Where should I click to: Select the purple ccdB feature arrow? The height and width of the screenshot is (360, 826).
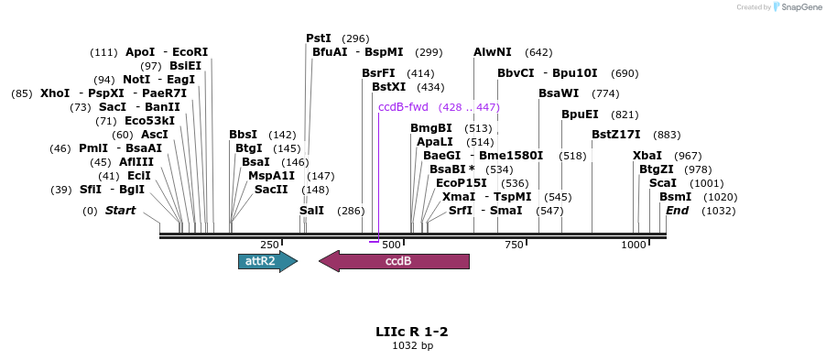pyautogui.click(x=394, y=261)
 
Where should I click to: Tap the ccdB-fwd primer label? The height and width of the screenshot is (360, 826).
pyautogui.click(x=403, y=107)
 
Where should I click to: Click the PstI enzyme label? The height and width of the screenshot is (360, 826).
pyautogui.click(x=319, y=38)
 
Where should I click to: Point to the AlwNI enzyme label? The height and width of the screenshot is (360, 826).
pyautogui.click(x=493, y=52)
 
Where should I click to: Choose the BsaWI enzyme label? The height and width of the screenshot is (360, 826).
pyautogui.click(x=559, y=93)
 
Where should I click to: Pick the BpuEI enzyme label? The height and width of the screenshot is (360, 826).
pyautogui.click(x=580, y=115)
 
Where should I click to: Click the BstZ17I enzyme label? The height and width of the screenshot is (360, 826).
pyautogui.click(x=615, y=135)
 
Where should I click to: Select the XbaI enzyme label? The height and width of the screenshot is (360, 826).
pyautogui.click(x=647, y=156)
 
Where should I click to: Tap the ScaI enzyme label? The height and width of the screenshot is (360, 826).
pyautogui.click(x=662, y=183)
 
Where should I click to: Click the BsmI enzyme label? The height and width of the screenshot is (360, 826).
pyautogui.click(x=676, y=197)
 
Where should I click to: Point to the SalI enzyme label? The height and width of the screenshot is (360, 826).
pyautogui.click(x=312, y=211)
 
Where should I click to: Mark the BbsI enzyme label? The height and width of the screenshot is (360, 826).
pyautogui.click(x=244, y=135)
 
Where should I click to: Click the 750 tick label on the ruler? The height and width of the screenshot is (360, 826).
pyautogui.click(x=514, y=245)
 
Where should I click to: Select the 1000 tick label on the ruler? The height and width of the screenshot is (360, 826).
pyautogui.click(x=634, y=245)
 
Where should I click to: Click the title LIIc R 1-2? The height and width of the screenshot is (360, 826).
pyautogui.click(x=412, y=331)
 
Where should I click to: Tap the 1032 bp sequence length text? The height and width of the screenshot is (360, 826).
pyautogui.click(x=412, y=346)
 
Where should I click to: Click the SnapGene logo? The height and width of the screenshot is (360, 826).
pyautogui.click(x=795, y=7)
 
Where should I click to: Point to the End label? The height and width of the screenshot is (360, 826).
pyautogui.click(x=678, y=211)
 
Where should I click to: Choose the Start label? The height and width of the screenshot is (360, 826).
pyautogui.click(x=120, y=211)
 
